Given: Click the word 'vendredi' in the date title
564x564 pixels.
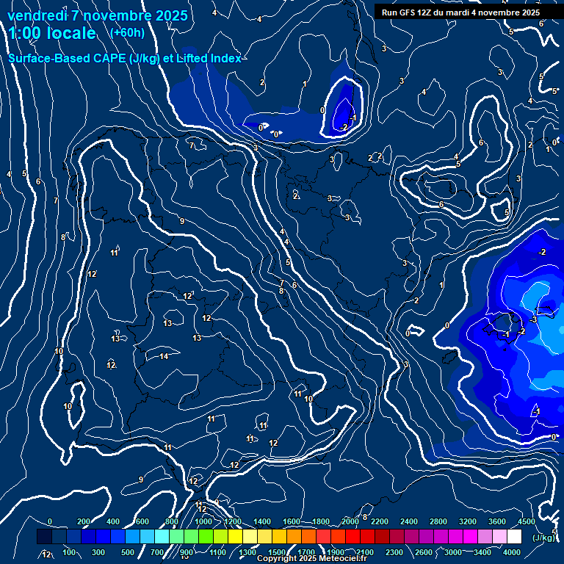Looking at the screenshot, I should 37,15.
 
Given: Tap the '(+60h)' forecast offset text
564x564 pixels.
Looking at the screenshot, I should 127,32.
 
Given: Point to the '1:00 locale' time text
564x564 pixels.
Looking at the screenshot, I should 52,33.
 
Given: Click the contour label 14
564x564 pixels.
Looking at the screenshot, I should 164,356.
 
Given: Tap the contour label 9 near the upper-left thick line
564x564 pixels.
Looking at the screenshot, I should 181,221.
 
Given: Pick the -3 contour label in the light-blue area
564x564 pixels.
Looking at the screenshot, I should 534,319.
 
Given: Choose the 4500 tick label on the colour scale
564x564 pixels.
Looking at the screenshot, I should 527,521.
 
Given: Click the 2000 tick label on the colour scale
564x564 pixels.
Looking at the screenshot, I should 350,521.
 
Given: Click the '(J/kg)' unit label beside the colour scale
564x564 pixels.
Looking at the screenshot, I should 543,538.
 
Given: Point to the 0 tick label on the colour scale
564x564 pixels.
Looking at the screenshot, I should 50,521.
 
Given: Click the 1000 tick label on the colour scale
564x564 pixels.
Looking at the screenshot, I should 203,521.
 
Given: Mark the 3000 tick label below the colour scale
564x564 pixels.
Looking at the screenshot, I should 453,552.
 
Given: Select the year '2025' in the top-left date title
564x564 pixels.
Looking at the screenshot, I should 167,15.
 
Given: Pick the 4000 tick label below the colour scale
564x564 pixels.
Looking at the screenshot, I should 512,552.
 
